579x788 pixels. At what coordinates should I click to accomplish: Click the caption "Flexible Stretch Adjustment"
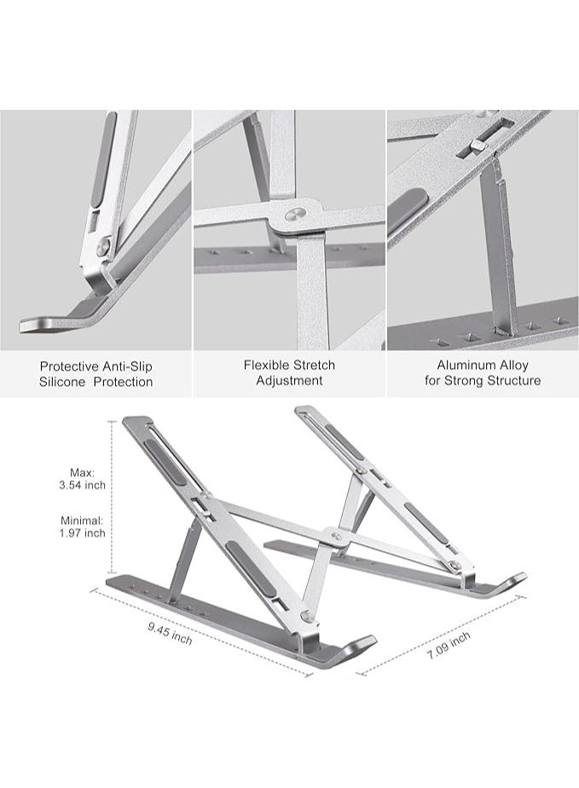[x=289, y=373]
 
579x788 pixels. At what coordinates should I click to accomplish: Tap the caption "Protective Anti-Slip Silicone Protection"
[x=96, y=373]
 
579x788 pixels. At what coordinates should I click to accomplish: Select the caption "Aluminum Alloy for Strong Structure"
[x=483, y=373]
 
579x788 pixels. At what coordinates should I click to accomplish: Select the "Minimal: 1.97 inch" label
[x=83, y=526]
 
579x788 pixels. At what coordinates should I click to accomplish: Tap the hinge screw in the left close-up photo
[x=103, y=247]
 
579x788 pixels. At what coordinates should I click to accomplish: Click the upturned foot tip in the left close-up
[x=39, y=325]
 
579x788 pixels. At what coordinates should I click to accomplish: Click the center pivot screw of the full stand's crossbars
[x=337, y=537]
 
